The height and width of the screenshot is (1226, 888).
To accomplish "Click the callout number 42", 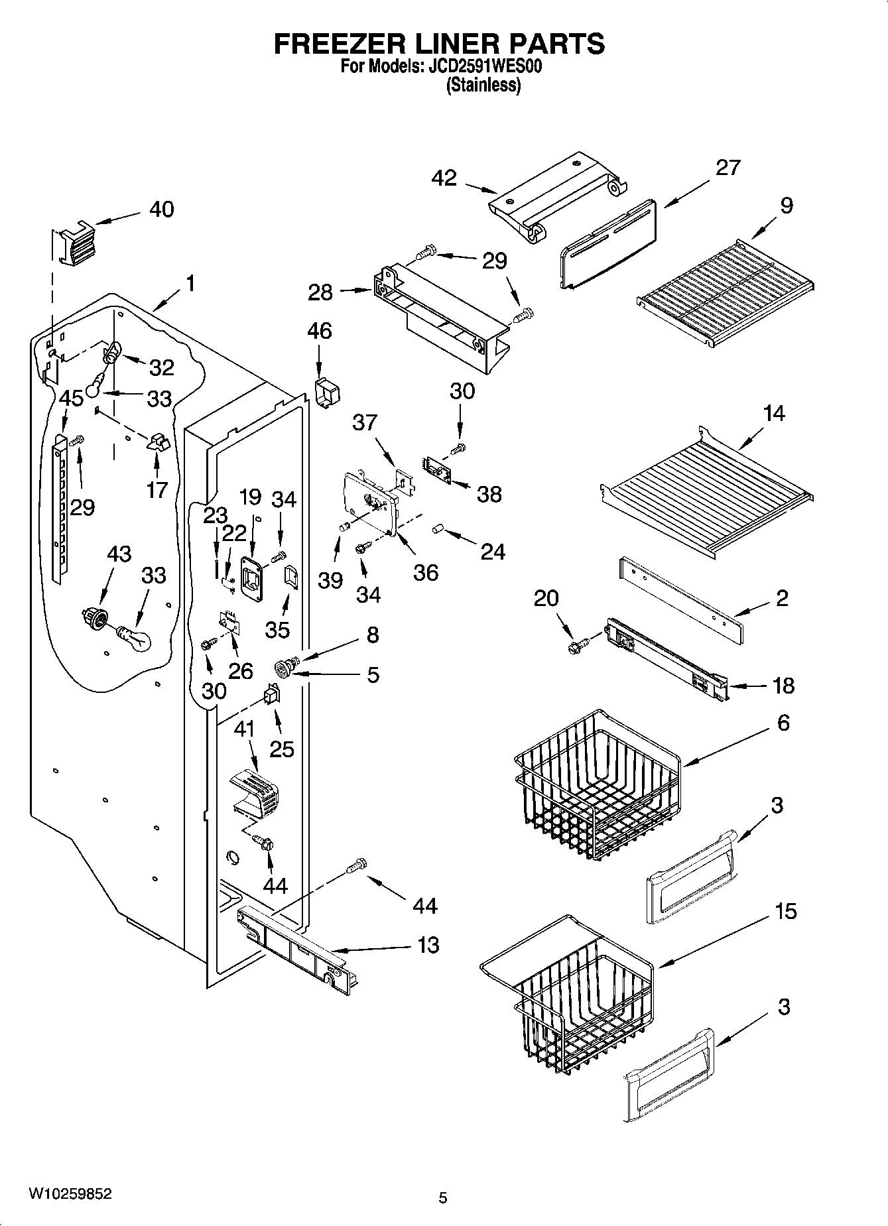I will pyautogui.click(x=444, y=178).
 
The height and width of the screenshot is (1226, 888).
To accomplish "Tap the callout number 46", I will pyautogui.click(x=319, y=330).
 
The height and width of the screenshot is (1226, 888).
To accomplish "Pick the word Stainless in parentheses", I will pyautogui.click(x=483, y=85).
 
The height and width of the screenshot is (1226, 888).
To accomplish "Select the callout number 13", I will pyautogui.click(x=428, y=944).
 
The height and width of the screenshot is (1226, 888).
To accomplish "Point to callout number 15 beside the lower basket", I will pyautogui.click(x=785, y=911).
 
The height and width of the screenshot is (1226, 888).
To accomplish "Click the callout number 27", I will pyautogui.click(x=728, y=167).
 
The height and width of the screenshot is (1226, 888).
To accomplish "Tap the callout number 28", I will pyautogui.click(x=320, y=292).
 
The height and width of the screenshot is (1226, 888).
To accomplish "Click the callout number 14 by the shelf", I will pyautogui.click(x=774, y=413).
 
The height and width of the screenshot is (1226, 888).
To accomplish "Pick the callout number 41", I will pyautogui.click(x=245, y=729).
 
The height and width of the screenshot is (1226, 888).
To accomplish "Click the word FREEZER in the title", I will pyautogui.click(x=329, y=44).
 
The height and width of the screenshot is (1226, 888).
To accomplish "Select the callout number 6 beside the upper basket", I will pyautogui.click(x=783, y=722).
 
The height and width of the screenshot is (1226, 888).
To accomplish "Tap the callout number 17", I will pyautogui.click(x=157, y=489).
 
